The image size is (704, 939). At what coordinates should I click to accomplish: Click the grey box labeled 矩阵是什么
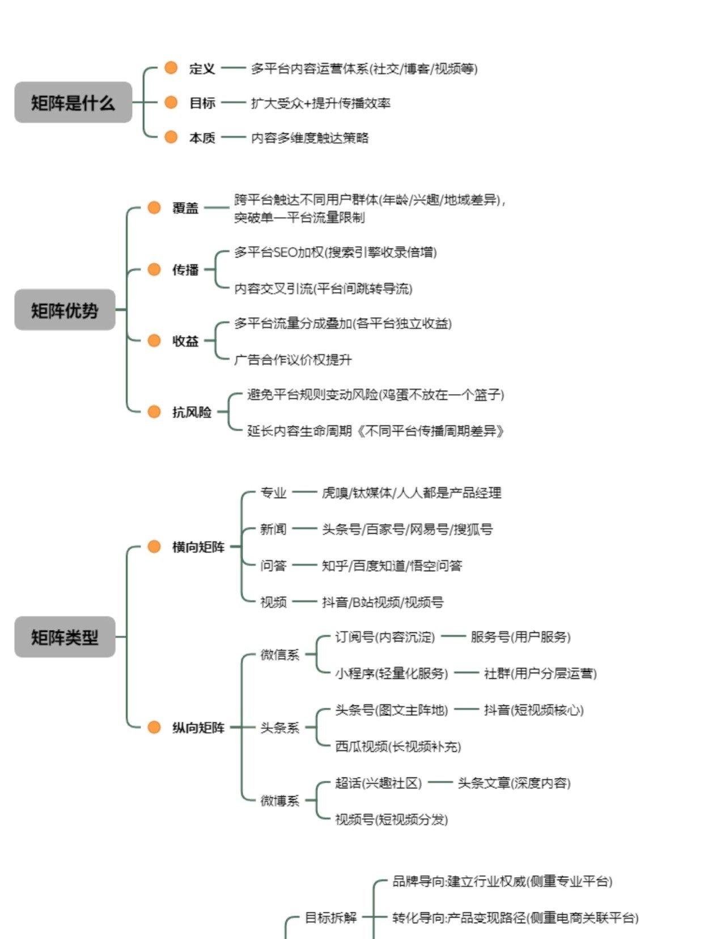(x=73, y=103)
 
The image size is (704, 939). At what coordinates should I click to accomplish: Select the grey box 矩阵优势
(x=65, y=310)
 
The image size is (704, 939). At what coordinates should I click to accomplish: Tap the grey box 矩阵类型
(x=65, y=637)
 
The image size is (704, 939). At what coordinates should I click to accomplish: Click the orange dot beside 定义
(x=171, y=68)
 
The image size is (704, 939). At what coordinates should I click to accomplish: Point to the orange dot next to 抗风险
(x=154, y=412)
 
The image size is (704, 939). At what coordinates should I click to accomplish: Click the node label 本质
(x=202, y=138)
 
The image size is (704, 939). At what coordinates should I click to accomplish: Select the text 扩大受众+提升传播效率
(x=320, y=103)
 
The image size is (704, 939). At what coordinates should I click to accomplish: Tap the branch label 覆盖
(x=185, y=208)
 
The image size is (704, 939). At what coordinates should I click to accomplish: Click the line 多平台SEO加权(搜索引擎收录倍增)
(x=335, y=252)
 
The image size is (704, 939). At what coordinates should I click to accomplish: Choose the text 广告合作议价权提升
(x=292, y=359)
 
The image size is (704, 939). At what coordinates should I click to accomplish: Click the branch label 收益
(x=185, y=341)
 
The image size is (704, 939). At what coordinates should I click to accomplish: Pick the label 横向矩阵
(x=198, y=547)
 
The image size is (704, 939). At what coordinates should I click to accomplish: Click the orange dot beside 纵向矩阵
(x=154, y=727)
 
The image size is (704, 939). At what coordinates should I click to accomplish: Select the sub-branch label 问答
(x=273, y=566)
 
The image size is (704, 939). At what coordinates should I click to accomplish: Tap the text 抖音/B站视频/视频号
(x=383, y=602)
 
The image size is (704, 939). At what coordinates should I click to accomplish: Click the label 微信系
(x=279, y=655)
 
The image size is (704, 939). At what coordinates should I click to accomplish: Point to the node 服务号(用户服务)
(x=520, y=637)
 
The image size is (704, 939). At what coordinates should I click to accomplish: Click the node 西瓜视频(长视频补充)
(x=398, y=746)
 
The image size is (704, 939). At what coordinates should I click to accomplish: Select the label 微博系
(x=279, y=801)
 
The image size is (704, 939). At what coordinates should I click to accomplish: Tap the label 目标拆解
(x=330, y=917)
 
